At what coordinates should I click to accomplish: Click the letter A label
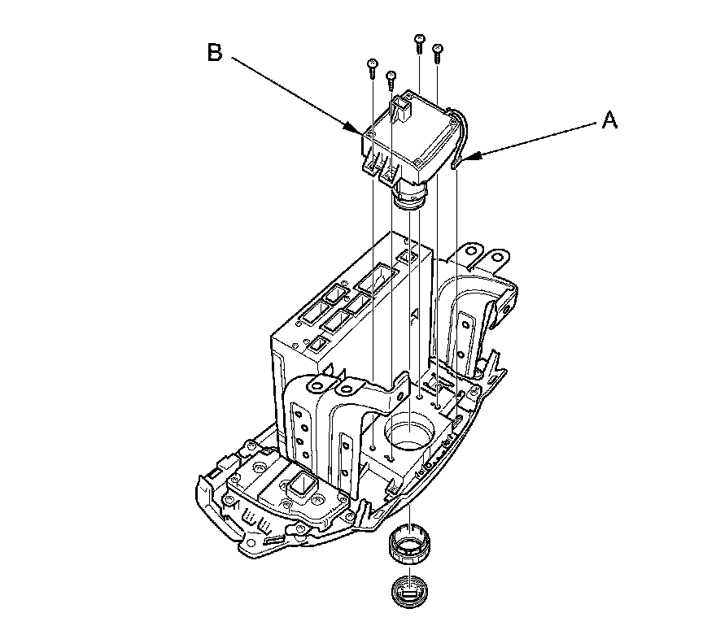coord(609,121)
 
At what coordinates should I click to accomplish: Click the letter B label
coord(214,54)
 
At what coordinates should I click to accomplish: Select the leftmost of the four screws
coord(372,64)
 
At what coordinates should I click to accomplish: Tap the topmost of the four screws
coord(420,41)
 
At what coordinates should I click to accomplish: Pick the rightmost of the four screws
coord(438,51)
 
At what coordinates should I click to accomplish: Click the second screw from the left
coord(391,76)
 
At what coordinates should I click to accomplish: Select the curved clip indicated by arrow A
coord(461,138)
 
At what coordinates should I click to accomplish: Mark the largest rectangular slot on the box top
coord(376,280)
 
